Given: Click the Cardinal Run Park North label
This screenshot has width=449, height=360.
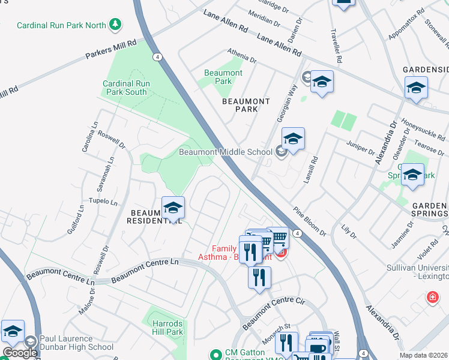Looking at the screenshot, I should pyautogui.click(x=61, y=25).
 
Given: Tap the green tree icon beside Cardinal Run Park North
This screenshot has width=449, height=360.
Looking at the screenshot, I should pyautogui.click(x=115, y=25).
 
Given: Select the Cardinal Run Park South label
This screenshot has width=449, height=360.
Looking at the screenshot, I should pyautogui.click(x=124, y=88).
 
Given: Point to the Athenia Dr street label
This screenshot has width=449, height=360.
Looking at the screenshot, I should pyautogui.click(x=241, y=56).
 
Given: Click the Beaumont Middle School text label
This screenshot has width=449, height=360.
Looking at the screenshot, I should pyautogui.click(x=225, y=152).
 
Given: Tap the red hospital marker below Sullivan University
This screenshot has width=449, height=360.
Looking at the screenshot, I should pyautogui.click(x=432, y=297).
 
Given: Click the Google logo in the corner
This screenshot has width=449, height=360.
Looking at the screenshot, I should pyautogui.click(x=19, y=353).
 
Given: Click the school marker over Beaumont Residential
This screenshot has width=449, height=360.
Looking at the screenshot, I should pyautogui.click(x=173, y=208).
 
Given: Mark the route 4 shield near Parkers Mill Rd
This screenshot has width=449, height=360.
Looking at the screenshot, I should pyautogui.click(x=157, y=57).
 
